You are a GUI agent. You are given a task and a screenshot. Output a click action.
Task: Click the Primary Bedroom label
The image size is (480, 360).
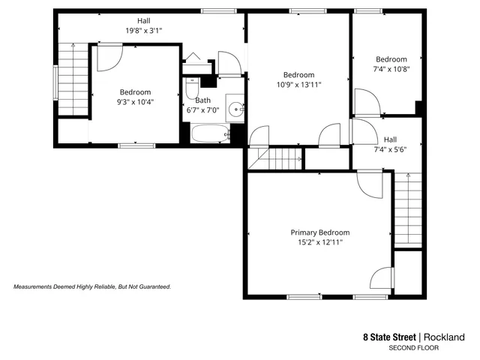(320, 232)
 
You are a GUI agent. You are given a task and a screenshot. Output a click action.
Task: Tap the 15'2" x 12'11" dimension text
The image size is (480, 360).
(320, 242)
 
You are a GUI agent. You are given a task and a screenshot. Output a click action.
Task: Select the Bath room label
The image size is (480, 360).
(202, 100)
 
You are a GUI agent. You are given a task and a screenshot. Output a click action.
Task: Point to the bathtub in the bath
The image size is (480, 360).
(209, 134)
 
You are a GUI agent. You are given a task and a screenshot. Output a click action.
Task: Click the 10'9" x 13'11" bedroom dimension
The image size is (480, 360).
(298, 84)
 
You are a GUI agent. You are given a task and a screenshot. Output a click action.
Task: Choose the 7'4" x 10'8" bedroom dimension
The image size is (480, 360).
(391, 69)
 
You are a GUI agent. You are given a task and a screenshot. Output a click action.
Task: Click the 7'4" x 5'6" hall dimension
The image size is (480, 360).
(390, 149)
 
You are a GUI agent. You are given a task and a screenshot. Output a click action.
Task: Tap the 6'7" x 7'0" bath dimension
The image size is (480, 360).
(202, 110)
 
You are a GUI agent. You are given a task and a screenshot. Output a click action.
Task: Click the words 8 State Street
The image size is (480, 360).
(389, 337)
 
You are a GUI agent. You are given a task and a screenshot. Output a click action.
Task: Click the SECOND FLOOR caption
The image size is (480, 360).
(413, 348)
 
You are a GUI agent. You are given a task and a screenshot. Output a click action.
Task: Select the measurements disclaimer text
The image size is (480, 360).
(93, 286)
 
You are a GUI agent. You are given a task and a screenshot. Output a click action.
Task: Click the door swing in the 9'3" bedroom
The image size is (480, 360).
(109, 56)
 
